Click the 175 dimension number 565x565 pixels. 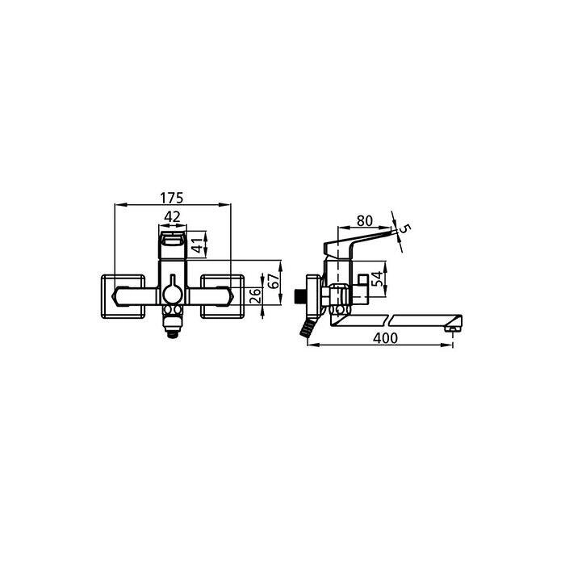[x=172, y=198]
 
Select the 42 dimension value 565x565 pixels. [x=172, y=216]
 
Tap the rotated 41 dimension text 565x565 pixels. [x=197, y=245]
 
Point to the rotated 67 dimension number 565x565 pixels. [x=274, y=280]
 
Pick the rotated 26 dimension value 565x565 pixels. [x=255, y=295]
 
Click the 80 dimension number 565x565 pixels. [x=365, y=220]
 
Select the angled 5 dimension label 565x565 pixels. [x=405, y=228]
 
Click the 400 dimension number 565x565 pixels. [x=385, y=338]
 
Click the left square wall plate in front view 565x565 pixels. [x=123, y=296]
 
